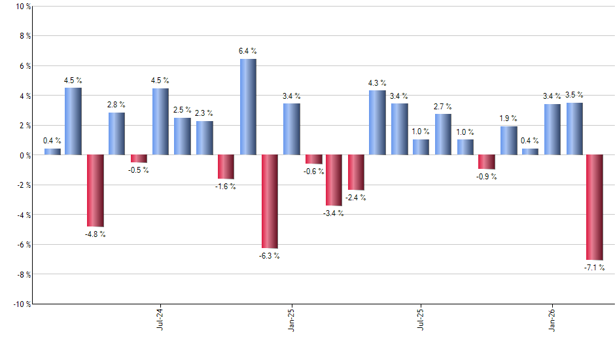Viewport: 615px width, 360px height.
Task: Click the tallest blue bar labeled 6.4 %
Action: coord(248,107)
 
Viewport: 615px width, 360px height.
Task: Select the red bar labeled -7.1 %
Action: coord(595,207)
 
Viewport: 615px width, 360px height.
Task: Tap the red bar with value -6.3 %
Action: coord(270,201)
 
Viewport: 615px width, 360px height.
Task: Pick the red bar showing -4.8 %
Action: coord(96,190)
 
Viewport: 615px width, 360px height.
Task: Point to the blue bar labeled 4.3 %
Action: coord(378,122)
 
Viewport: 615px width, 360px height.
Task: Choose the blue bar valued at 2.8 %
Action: coord(117,134)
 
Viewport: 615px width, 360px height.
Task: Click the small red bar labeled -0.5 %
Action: coord(139,158)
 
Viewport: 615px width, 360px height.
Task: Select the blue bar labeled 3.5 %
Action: coord(574,128)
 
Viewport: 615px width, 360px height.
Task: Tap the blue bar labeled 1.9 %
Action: coord(508,140)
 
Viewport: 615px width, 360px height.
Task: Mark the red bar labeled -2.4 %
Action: coord(356,172)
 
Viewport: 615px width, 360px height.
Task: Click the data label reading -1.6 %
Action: coord(225,187)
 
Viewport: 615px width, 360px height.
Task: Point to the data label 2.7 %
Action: coord(443,107)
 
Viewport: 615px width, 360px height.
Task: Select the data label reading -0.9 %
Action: coord(486,177)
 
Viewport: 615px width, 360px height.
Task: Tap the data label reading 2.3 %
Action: coord(204,113)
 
